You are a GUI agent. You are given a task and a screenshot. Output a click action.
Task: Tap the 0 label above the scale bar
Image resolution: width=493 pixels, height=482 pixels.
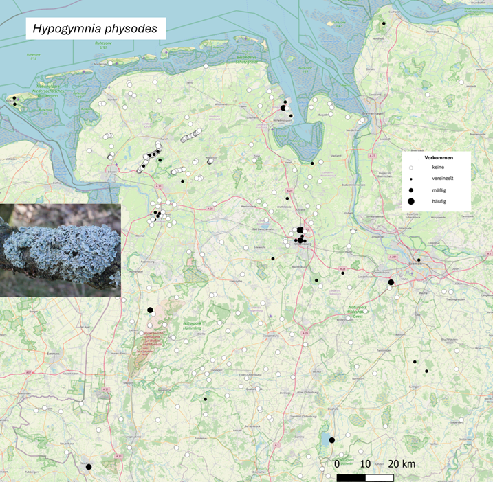(337, 464)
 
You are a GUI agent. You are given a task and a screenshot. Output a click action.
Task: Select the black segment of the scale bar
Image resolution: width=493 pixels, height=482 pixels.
(351, 476)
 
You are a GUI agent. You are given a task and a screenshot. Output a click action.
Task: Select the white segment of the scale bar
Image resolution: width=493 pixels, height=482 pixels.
(379, 476)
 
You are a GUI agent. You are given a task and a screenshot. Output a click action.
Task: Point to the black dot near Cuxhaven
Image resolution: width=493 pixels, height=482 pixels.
(384, 23)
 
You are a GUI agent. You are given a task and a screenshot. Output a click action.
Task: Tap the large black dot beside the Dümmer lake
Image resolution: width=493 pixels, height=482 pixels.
(331, 440)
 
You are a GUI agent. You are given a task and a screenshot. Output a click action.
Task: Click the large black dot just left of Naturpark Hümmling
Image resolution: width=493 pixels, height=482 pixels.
(150, 310)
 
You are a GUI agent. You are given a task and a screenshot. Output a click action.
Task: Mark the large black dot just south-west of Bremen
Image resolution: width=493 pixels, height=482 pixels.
(391, 282)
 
